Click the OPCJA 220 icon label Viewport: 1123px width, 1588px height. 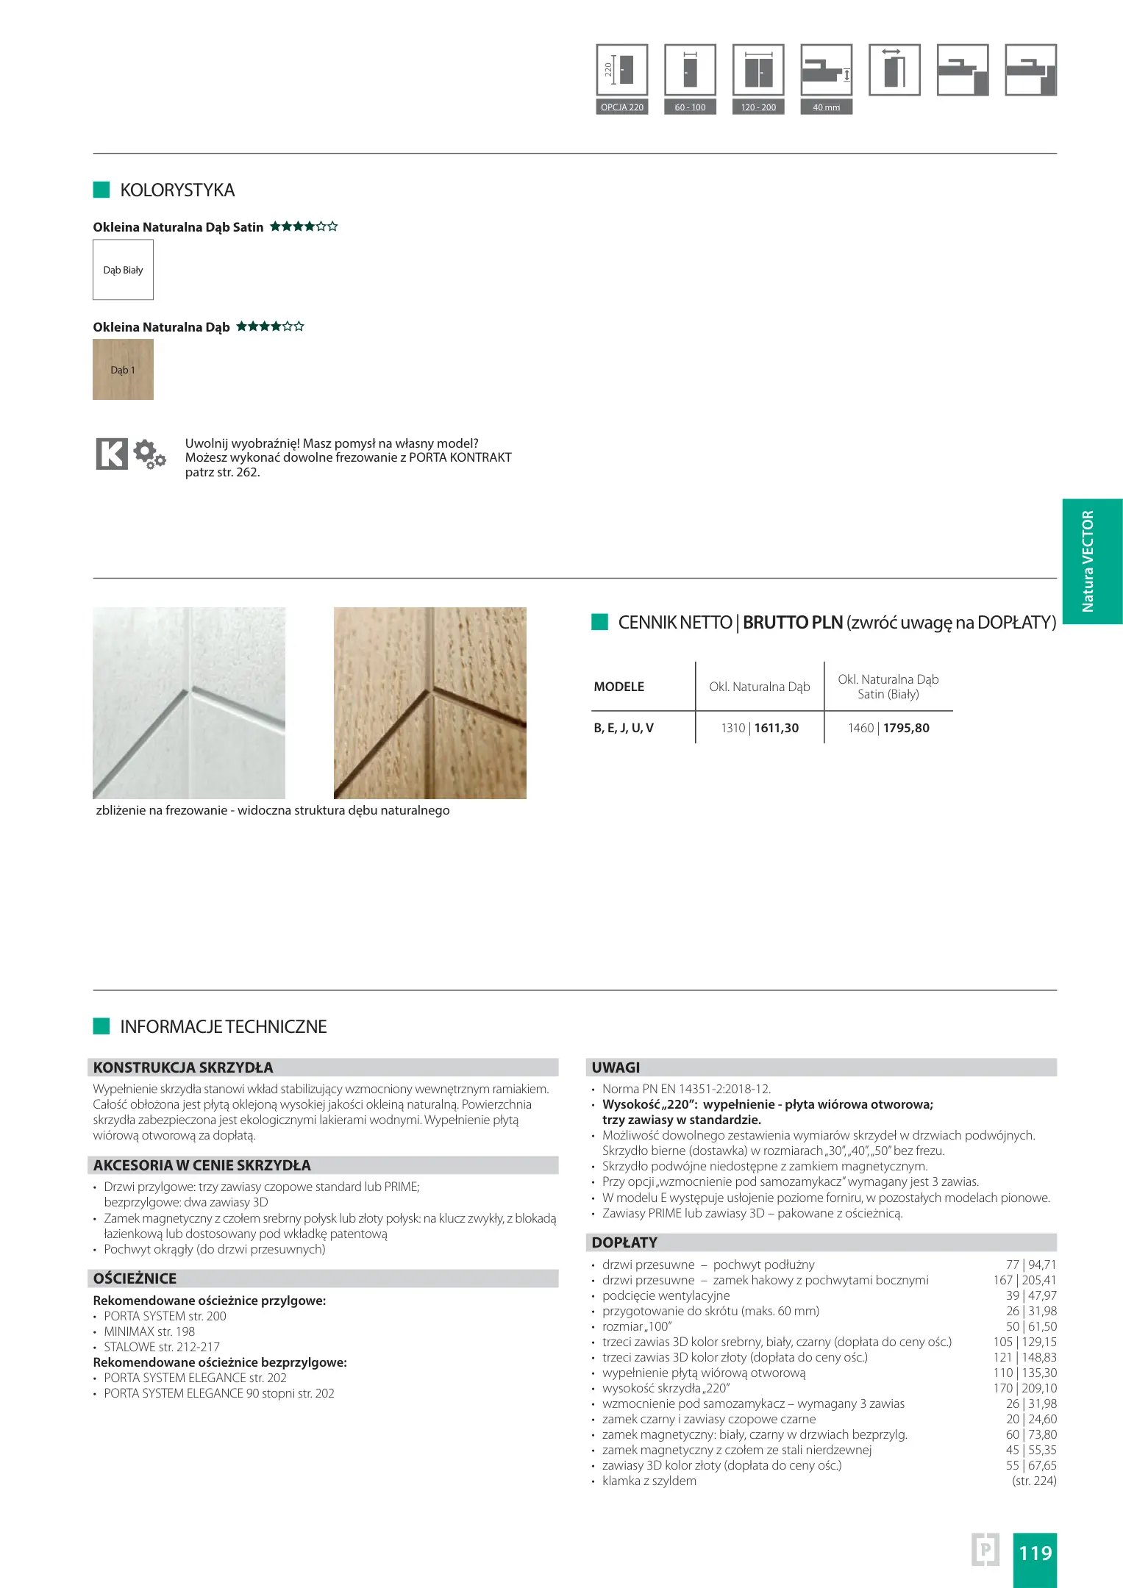point(621,107)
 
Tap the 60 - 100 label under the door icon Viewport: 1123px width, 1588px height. point(690,107)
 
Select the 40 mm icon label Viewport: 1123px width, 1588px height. point(826,107)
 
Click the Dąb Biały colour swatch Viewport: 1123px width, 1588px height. point(123,270)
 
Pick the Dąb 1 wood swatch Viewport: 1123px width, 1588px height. point(123,370)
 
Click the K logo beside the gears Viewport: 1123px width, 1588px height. point(112,454)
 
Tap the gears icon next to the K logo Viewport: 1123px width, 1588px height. point(150,454)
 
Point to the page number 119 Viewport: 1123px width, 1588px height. point(1035,1553)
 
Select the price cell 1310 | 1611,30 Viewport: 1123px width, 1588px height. point(760,728)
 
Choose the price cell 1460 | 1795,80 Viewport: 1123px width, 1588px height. point(888,728)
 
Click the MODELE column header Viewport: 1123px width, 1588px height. point(618,687)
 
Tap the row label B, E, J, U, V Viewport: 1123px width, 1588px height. point(624,728)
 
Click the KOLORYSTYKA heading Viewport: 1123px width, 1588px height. point(177,190)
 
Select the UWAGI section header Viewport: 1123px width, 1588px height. point(616,1067)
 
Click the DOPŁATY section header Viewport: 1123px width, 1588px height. point(624,1242)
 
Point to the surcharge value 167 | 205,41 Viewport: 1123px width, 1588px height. point(1024,1280)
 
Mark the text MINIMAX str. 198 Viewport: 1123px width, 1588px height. point(149,1331)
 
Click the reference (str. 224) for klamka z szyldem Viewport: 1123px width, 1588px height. point(1034,1481)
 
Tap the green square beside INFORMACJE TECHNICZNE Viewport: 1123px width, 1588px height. point(101,1026)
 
